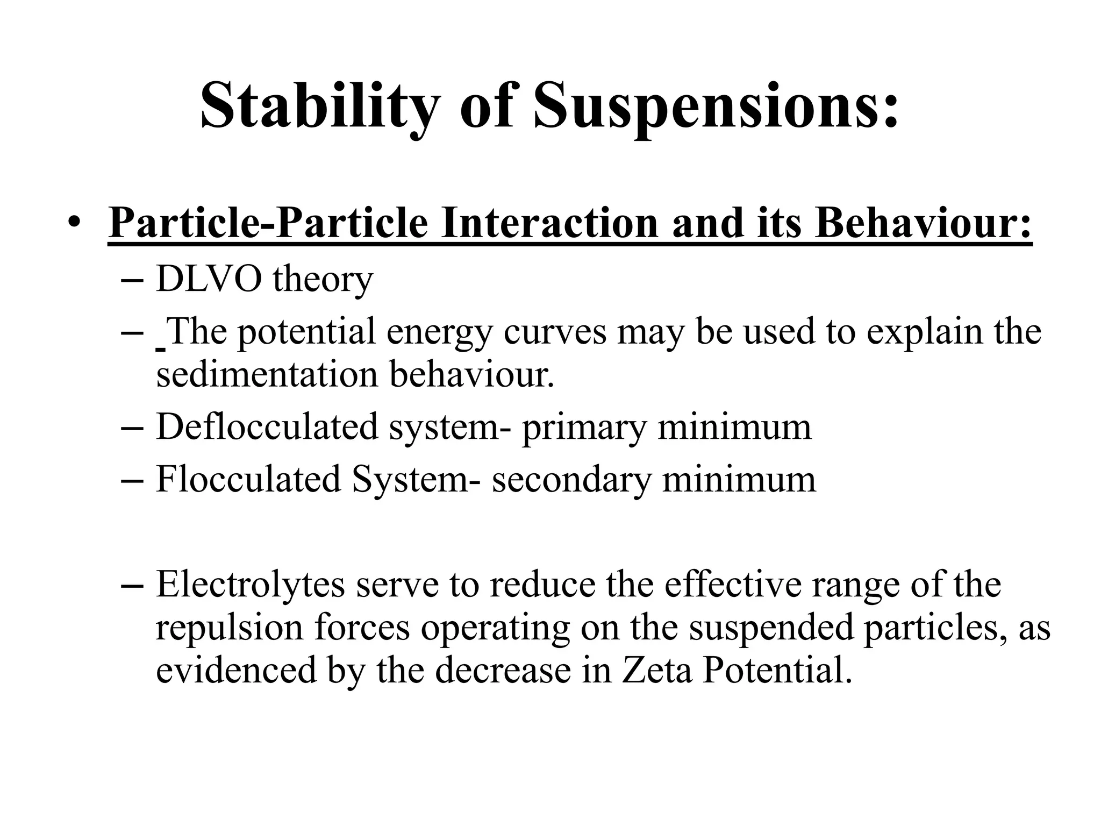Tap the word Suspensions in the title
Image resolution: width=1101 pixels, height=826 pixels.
pos(716,105)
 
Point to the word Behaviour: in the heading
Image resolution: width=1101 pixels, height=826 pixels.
pos(923,223)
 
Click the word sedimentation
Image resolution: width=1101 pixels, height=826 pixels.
pos(267,375)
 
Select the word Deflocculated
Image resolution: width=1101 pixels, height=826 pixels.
pos(267,427)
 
